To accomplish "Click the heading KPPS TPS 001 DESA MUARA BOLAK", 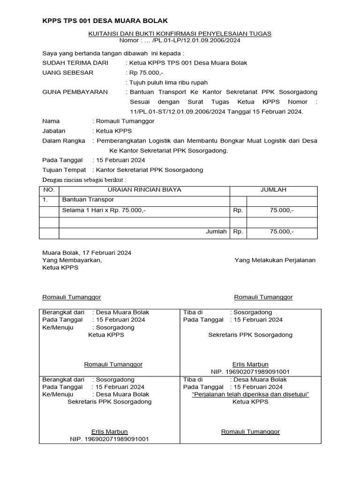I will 105,21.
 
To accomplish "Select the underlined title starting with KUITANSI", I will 180,34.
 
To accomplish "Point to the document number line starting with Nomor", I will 180,41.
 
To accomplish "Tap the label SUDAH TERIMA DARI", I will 75,63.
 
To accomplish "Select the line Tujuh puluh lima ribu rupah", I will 168,82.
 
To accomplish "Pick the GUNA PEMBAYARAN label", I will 75,92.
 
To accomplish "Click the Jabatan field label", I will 54,131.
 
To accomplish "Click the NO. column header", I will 49,190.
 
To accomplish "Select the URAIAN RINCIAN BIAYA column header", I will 144,190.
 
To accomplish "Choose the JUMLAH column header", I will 273,190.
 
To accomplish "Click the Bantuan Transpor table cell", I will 85,200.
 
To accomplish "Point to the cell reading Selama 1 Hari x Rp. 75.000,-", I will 104,210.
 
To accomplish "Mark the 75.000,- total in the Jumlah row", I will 281,232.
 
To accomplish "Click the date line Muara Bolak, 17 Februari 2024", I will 87,253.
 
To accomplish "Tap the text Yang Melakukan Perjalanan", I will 275,260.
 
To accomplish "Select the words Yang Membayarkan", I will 72,260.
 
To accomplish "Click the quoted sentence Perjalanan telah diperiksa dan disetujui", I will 251,394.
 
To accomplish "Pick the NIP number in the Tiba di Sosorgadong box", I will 250,371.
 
